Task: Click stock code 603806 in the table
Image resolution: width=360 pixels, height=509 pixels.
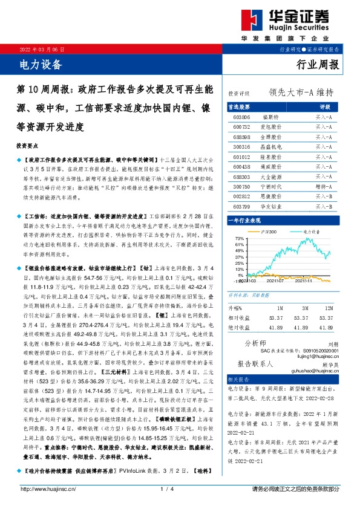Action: point(241,117)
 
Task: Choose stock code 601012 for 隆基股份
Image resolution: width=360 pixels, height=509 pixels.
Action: point(241,156)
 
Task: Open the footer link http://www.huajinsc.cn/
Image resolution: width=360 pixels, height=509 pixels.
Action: point(48,489)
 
